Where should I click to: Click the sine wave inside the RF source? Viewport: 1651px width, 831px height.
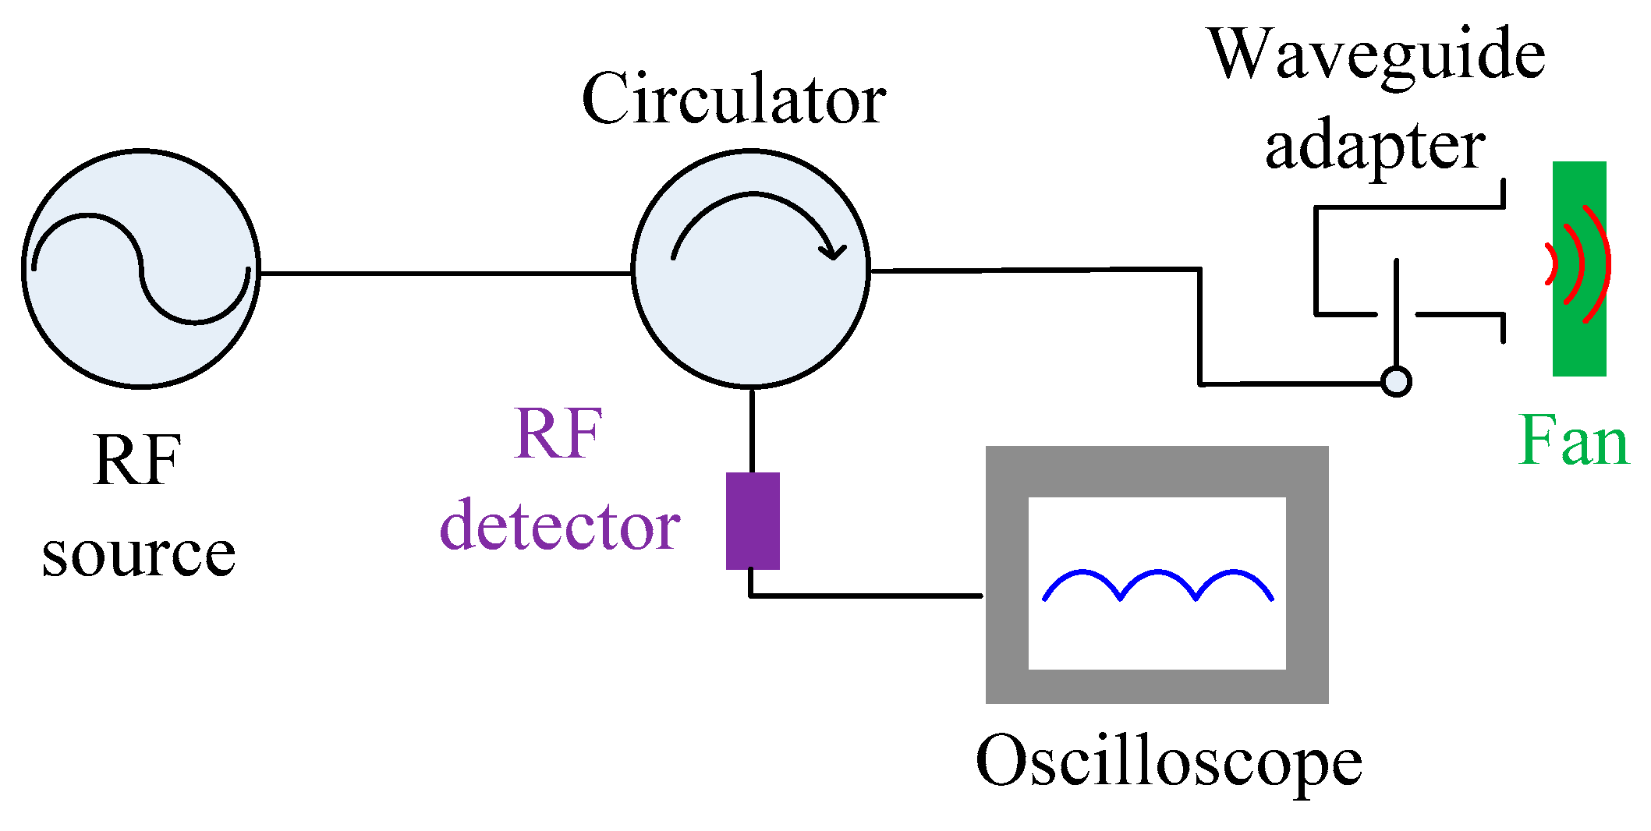click(x=141, y=268)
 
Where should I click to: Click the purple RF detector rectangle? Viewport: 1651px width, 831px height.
click(x=753, y=521)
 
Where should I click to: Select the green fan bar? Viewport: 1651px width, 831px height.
click(x=1578, y=343)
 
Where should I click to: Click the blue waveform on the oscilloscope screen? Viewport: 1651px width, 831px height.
click(x=1158, y=575)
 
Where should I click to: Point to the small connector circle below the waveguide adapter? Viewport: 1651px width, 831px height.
click(x=1396, y=382)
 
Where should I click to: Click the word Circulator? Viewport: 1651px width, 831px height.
click(x=733, y=100)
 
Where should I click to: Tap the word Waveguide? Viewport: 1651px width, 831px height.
click(x=1376, y=55)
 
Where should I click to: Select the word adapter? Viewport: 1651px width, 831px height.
click(x=1375, y=148)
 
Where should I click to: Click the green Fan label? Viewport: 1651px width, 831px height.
click(x=1574, y=441)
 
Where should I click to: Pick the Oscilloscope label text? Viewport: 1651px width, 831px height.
click(x=1168, y=762)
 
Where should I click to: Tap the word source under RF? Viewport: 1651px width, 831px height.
click(x=139, y=555)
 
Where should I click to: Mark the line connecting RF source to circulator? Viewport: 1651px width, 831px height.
click(x=445, y=274)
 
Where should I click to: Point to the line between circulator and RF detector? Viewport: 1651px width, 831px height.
click(x=752, y=429)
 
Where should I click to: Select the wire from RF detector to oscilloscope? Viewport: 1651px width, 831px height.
click(x=866, y=596)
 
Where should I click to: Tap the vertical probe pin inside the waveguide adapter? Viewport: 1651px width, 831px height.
click(x=1396, y=312)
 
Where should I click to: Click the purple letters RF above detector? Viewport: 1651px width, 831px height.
click(x=558, y=434)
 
